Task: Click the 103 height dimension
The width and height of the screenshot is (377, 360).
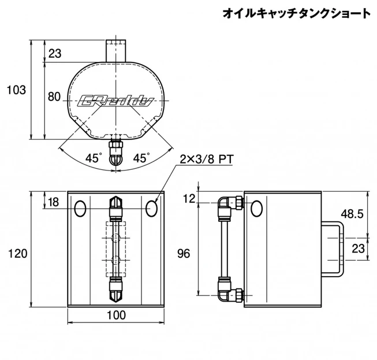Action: [16, 90]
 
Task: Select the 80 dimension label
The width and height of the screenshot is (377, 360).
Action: [54, 97]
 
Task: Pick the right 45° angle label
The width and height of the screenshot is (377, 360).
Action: [141, 157]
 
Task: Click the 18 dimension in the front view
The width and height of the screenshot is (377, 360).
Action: [54, 202]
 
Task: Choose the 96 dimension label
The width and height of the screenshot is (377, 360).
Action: [184, 253]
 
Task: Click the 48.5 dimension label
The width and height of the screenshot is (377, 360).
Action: [352, 214]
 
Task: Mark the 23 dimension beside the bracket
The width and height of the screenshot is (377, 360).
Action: [359, 248]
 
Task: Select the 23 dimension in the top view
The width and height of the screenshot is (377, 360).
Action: [55, 54]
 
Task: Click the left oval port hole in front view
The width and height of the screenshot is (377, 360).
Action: [80, 207]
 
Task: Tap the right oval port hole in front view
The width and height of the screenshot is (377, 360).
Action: [152, 207]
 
